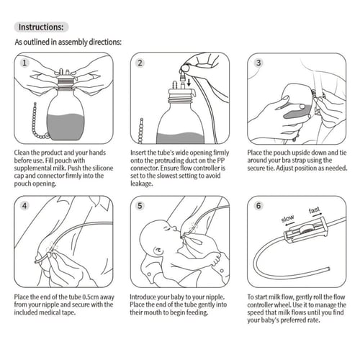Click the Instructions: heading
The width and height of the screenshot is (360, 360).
[41, 27]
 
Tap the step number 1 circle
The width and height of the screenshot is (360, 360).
[24, 63]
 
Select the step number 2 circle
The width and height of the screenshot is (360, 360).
[140, 63]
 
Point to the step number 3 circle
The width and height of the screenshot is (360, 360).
[258, 63]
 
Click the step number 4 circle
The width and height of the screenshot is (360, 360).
[24, 206]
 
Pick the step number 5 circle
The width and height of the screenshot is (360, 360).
[140, 206]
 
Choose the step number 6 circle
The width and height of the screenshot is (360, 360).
[258, 206]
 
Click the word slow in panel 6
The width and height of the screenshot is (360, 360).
[287, 218]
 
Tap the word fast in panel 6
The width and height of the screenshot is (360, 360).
[314, 210]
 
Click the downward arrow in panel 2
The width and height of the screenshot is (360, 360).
[189, 83]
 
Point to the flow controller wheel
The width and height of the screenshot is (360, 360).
[305, 229]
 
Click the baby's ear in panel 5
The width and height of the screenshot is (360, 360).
[158, 251]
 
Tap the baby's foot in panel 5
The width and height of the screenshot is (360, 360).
[217, 260]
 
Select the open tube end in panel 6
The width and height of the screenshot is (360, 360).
[328, 269]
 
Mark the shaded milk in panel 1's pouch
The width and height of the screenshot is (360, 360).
[66, 127]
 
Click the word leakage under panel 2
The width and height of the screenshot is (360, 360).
[141, 184]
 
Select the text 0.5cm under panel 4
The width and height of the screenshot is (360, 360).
[91, 297]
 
